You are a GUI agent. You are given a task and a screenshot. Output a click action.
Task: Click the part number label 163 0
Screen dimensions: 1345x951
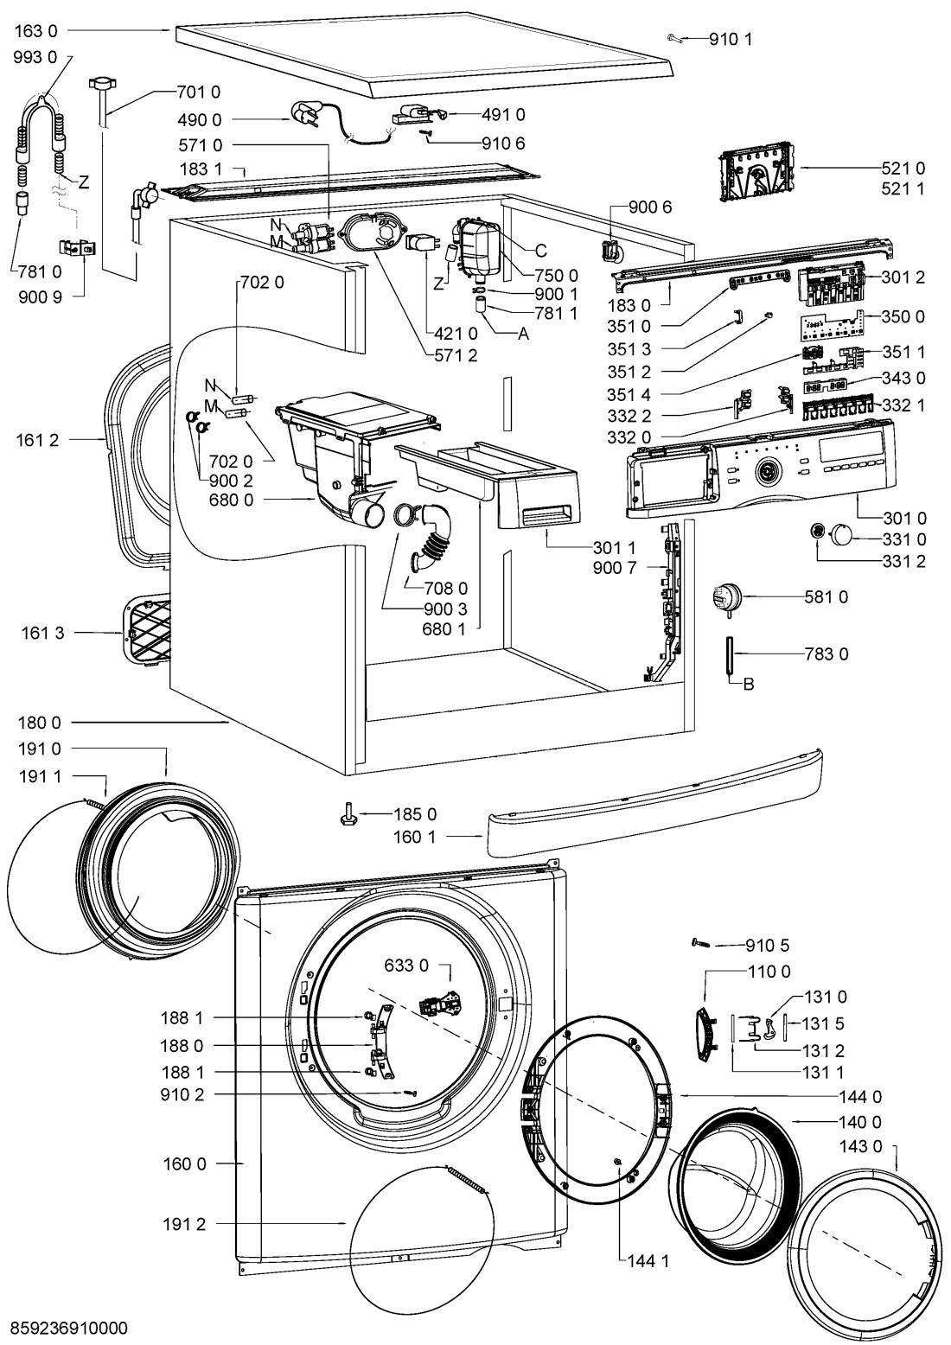(x=35, y=29)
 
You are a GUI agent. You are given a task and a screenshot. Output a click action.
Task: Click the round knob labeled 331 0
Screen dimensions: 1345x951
(x=842, y=533)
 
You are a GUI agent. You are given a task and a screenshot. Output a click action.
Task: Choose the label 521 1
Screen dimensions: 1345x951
(x=903, y=188)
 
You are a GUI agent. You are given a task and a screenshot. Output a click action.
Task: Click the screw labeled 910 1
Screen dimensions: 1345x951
(x=677, y=37)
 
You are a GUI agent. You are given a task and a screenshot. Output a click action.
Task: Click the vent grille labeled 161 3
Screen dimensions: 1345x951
(x=144, y=630)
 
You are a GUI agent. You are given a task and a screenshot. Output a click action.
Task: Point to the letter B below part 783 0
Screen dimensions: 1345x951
(x=749, y=685)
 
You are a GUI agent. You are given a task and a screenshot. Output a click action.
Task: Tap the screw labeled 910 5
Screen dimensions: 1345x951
(x=700, y=945)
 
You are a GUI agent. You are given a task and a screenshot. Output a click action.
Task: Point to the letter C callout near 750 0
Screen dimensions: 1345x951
(x=540, y=251)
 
